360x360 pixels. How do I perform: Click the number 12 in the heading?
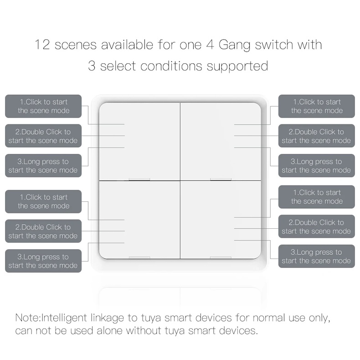pyautogui.click(x=43, y=45)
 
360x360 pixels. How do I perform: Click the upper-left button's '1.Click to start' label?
pyautogui.click(x=43, y=106)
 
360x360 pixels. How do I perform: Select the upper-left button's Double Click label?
pyautogui.click(x=43, y=136)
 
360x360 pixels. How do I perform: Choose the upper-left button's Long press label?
pyautogui.click(x=43, y=165)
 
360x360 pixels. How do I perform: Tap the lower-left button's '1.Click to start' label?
pyautogui.click(x=43, y=201)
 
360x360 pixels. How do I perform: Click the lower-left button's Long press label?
pyautogui.click(x=43, y=261)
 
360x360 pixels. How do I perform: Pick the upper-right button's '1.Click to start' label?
pyautogui.click(x=317, y=106)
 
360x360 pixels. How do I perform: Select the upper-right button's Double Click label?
pyautogui.click(x=317, y=136)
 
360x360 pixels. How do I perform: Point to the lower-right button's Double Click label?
pyautogui.click(x=317, y=226)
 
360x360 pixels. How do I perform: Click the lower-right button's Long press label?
pyautogui.click(x=317, y=256)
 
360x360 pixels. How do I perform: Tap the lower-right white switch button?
pyautogui.click(x=221, y=220)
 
